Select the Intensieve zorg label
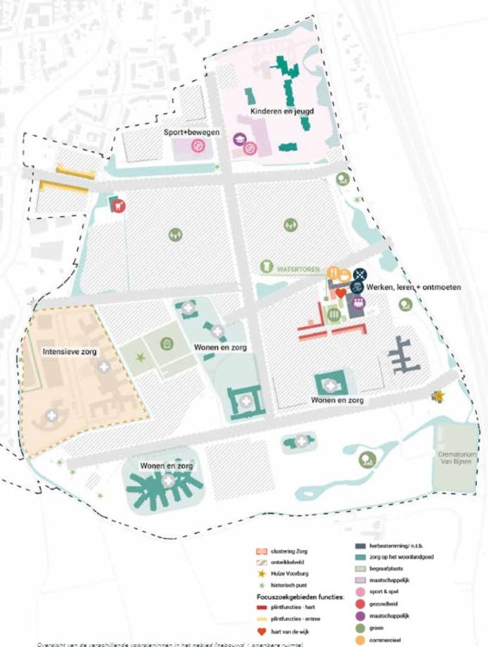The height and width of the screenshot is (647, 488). pos(69,351)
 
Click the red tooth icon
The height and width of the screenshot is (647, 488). pos(119,206)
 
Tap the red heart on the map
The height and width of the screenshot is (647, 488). pos(340,292)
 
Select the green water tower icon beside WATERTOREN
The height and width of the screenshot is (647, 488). pos(267,267)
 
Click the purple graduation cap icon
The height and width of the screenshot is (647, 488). pos(239,139)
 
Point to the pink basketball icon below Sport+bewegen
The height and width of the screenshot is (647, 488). pos(199,147)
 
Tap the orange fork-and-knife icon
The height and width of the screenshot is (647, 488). pos(335,274)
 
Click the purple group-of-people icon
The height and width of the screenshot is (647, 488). pos(359,303)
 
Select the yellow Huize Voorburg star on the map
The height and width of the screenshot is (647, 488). pos(439,397)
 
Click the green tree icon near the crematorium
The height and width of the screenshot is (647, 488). pos(366,460)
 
